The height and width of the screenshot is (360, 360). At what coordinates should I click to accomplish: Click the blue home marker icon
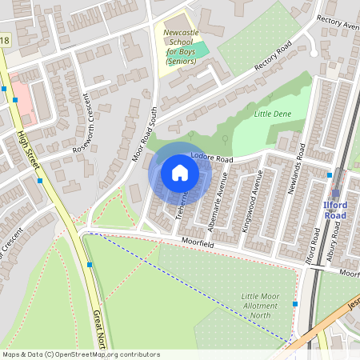[180, 173]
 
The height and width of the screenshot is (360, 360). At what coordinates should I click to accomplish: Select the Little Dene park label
[271, 114]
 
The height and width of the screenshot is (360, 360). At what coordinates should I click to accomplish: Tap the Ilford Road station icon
[336, 192]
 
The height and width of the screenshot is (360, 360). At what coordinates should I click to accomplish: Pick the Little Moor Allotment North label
[260, 305]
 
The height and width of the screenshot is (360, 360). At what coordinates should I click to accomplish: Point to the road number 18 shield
[6, 40]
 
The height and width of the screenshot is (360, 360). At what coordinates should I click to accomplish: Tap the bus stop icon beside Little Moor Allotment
[295, 304]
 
